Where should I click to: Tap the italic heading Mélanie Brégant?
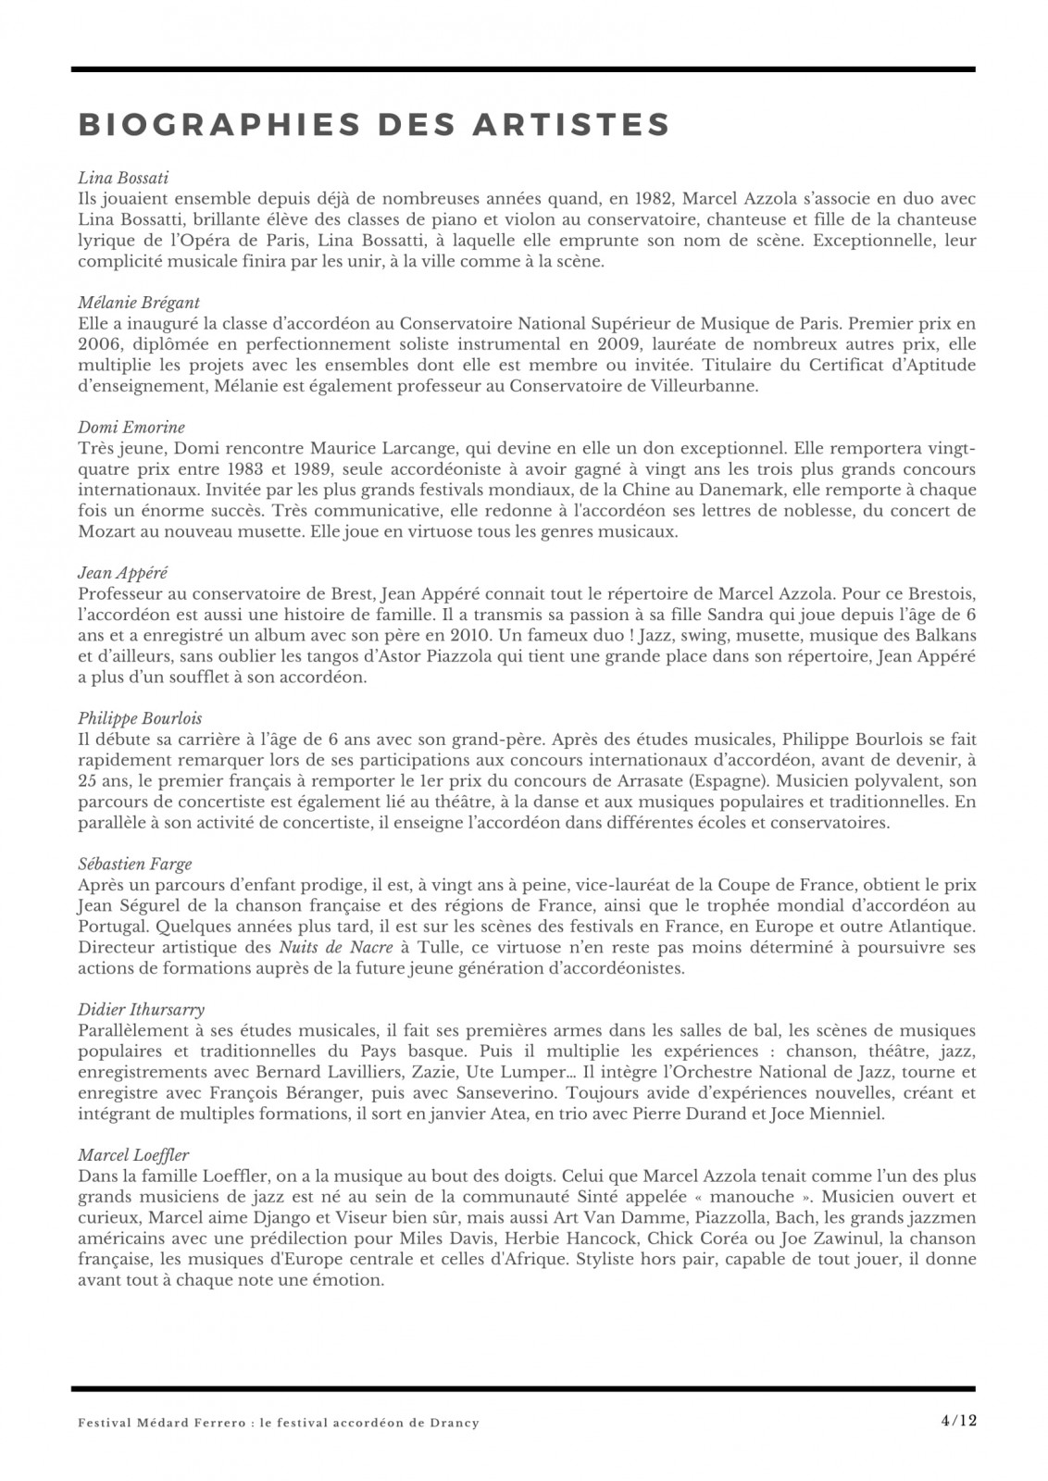(139, 303)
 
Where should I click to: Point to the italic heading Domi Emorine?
(131, 427)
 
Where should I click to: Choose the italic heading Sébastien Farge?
(135, 864)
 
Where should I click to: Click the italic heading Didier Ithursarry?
(142, 1009)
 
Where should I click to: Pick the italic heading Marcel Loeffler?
(133, 1154)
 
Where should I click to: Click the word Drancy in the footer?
(456, 1423)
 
